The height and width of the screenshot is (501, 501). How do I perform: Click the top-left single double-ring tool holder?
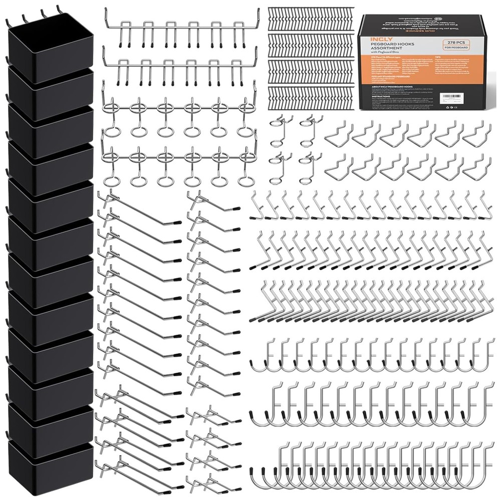click(x=284, y=125)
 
